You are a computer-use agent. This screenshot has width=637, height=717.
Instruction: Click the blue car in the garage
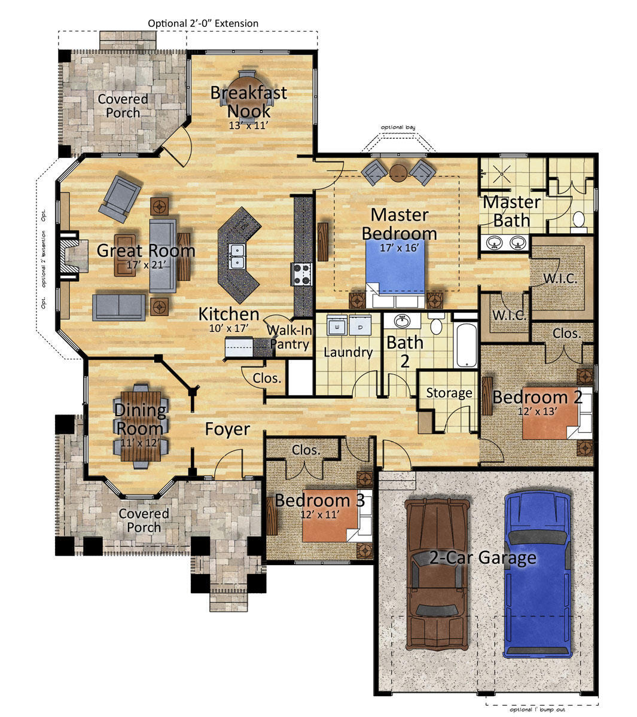538,574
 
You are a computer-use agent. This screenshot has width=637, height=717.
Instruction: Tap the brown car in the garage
438,573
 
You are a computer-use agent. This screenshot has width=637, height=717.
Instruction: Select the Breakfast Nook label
249,102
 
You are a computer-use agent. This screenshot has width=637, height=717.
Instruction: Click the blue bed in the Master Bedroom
396,267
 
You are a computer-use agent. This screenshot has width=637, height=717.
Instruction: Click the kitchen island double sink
236,256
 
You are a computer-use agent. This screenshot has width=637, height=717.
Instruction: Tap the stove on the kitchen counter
302,274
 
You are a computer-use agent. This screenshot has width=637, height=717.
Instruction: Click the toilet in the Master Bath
579,220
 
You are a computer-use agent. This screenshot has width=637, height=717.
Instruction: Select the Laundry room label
348,352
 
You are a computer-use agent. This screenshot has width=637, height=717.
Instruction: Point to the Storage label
449,393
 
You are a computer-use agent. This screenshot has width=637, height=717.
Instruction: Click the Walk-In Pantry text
289,337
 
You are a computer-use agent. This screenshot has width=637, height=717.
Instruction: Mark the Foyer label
227,429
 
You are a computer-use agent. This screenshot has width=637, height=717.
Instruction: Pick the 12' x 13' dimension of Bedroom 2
537,411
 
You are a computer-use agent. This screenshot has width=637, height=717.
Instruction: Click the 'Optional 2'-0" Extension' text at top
203,23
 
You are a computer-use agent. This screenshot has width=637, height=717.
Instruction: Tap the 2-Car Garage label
483,558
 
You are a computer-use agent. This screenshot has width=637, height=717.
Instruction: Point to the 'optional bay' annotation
398,127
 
